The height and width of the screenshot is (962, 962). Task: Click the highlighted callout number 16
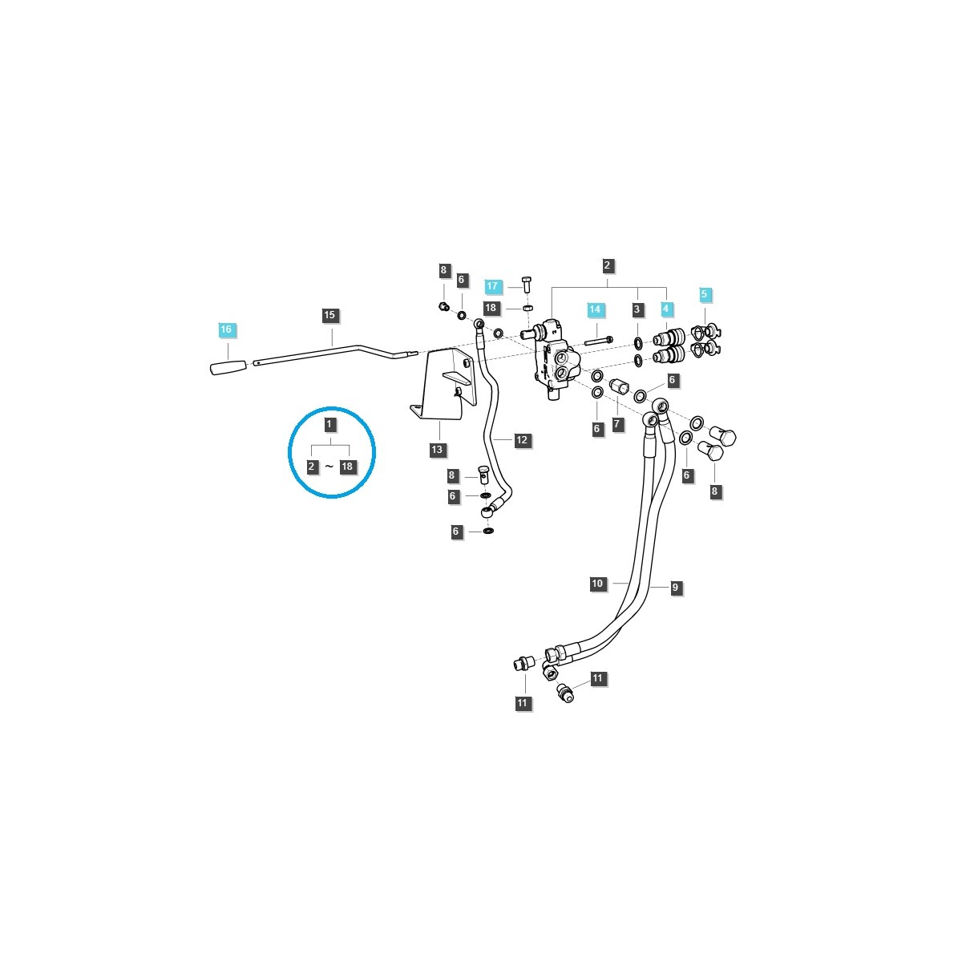(226, 329)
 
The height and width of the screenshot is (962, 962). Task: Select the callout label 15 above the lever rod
(329, 315)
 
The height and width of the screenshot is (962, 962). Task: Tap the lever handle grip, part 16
(228, 367)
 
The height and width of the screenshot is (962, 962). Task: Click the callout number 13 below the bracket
(437, 450)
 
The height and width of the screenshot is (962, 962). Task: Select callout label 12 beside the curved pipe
(522, 440)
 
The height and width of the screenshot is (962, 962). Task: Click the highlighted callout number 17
(493, 286)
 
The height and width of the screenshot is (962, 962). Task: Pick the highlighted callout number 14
(594, 309)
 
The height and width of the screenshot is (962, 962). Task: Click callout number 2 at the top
(607, 265)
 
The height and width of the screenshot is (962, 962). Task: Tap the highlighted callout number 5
(705, 294)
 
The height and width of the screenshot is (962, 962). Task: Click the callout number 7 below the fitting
(617, 424)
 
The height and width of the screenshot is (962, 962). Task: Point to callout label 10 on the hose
(597, 584)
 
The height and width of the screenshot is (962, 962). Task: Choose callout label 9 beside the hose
(675, 588)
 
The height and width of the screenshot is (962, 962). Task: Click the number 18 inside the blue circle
(347, 466)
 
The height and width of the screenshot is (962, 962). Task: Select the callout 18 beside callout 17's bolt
(491, 308)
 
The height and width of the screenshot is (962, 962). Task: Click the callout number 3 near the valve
(637, 309)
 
